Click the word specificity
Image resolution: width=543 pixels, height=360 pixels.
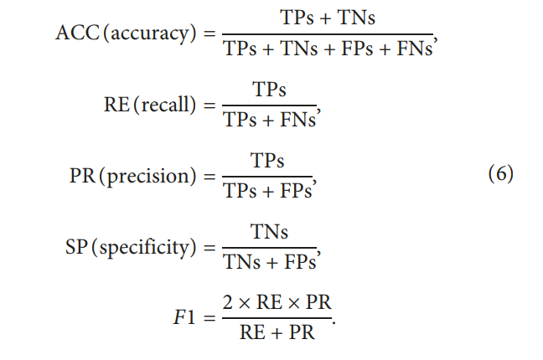[151, 249]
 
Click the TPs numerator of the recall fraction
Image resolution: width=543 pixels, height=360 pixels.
[268, 88]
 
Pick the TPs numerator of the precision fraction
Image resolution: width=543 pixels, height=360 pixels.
[267, 160]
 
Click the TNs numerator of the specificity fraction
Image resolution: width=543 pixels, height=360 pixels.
[268, 232]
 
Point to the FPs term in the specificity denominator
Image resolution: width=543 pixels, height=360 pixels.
[297, 265]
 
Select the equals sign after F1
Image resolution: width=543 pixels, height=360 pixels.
[206, 320]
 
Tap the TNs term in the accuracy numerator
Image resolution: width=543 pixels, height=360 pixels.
[356, 16]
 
